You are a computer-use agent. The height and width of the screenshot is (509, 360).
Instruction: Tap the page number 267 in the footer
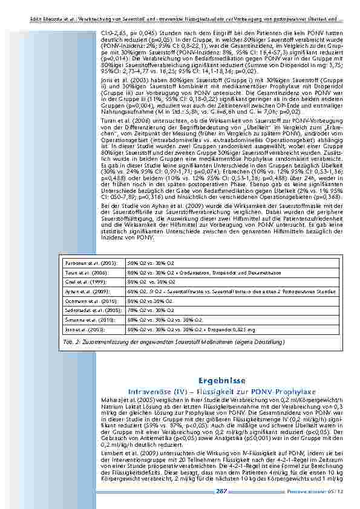click(x=221, y=491)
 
